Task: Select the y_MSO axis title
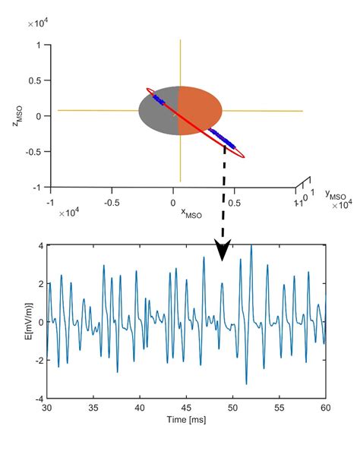(334, 196)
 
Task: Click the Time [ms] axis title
(186, 419)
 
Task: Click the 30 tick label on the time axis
(47, 408)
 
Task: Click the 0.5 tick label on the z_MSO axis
(35, 80)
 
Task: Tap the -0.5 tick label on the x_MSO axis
(112, 203)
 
